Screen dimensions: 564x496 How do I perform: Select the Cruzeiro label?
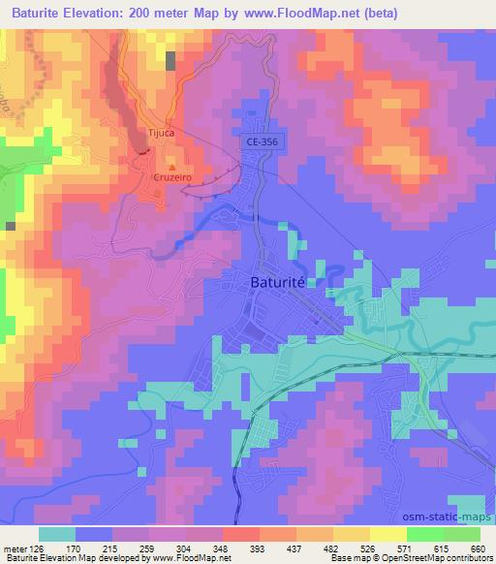pos(173,177)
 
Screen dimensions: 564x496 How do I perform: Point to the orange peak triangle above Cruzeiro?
pos(173,166)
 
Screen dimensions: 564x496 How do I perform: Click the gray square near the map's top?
pos(171,61)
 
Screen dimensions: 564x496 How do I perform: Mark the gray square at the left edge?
pos(10,225)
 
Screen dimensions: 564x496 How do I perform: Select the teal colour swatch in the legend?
pos(56,534)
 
